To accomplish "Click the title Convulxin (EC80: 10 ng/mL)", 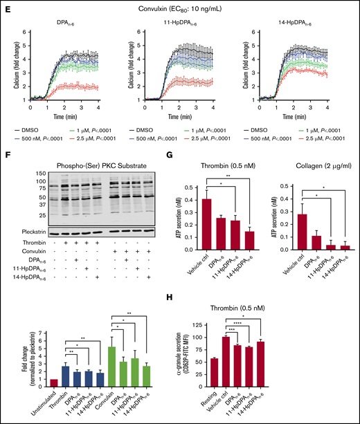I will (x=182, y=7).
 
